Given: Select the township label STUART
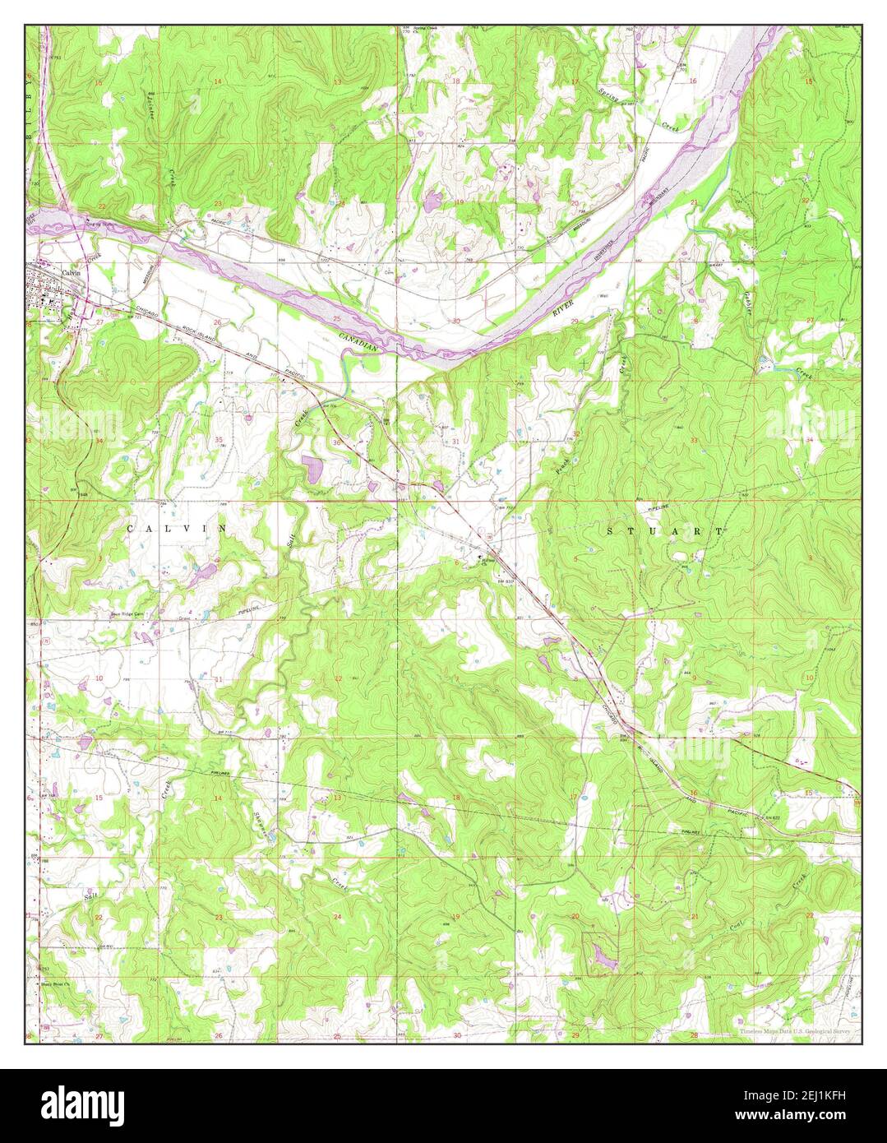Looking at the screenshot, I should click(665, 532).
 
